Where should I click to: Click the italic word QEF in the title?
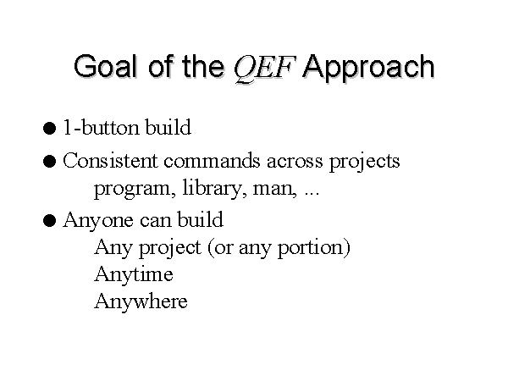pyautogui.click(x=264, y=68)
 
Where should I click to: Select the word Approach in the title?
pyautogui.click(x=368, y=68)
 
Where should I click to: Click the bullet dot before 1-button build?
pyautogui.click(x=49, y=128)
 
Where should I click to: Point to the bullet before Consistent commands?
pyautogui.click(x=49, y=161)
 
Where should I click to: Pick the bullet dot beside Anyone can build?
pyautogui.click(x=49, y=221)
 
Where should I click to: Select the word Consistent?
pyautogui.click(x=110, y=160)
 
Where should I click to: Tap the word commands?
pyautogui.click(x=212, y=160)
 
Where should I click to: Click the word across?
pyautogui.click(x=295, y=162)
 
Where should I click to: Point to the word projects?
pyautogui.click(x=365, y=162)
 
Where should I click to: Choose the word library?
pyautogui.click(x=212, y=188)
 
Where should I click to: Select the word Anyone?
pyautogui.click(x=98, y=221)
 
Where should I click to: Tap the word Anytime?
pyautogui.click(x=134, y=274)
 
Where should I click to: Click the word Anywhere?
pyautogui.click(x=141, y=301)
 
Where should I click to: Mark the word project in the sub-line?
pyautogui.click(x=170, y=249)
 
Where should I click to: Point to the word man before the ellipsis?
pyautogui.click(x=274, y=190)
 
